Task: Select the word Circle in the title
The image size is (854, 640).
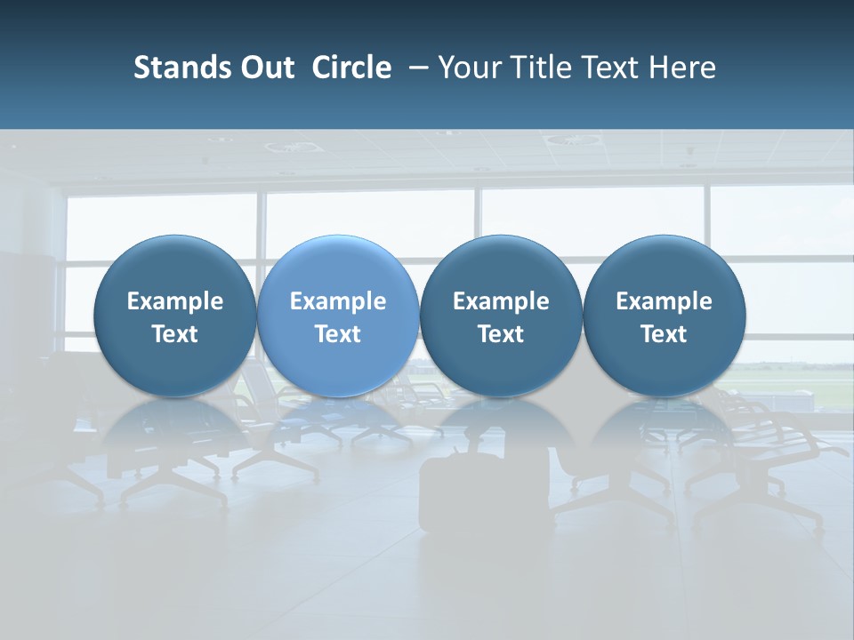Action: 351,68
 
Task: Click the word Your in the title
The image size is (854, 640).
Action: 467,68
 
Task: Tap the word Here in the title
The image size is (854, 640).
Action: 681,68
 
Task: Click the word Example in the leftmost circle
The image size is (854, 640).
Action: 174,301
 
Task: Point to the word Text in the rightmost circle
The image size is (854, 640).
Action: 664,334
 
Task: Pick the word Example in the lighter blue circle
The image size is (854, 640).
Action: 337,301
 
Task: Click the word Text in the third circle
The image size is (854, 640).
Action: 501,334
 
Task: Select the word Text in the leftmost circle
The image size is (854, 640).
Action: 174,334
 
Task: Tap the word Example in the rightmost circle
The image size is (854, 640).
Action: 664,301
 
